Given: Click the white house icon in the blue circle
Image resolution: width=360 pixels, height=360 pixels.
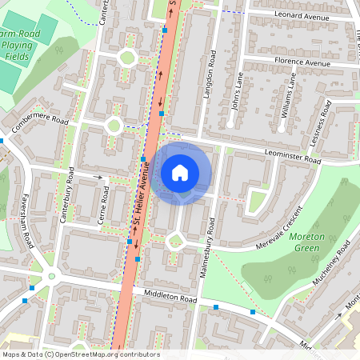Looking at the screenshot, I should tap(180, 172).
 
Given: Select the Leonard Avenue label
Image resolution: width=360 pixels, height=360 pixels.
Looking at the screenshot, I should tap(301, 14).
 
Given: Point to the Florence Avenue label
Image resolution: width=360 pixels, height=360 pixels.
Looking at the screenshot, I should tap(302, 62).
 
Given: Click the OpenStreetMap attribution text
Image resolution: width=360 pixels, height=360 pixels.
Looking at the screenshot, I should tap(80, 354).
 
